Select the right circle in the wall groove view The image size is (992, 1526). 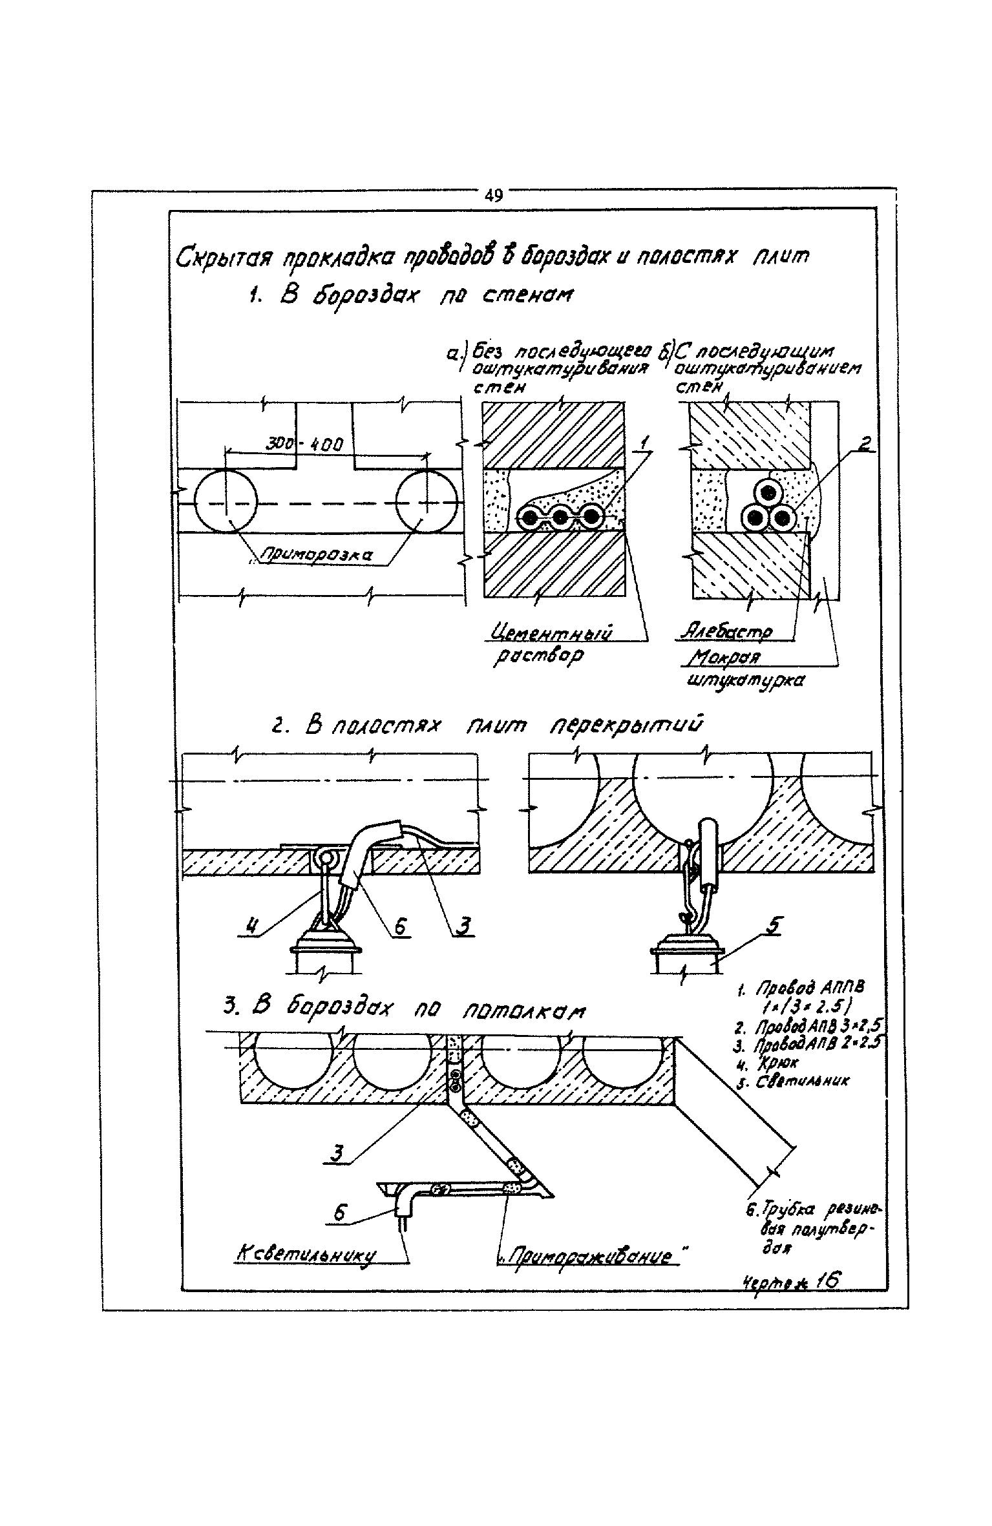coord(427,502)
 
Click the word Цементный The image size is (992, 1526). coord(551,631)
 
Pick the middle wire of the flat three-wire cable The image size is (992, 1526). coord(560,517)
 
